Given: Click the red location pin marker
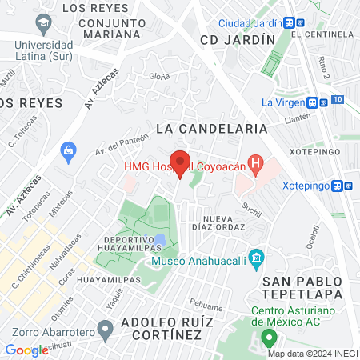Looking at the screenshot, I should click(x=180, y=164).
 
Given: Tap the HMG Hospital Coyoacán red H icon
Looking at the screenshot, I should click(x=255, y=166).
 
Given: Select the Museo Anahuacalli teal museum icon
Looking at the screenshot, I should click(x=256, y=258).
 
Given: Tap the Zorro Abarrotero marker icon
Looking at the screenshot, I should click(x=104, y=328).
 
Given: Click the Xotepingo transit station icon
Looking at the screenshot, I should click(x=339, y=185).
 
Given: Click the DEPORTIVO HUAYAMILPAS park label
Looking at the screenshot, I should click(x=140, y=244).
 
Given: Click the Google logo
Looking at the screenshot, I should click(x=27, y=350).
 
